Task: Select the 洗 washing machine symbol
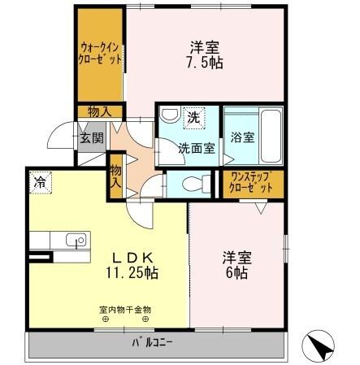(193, 117)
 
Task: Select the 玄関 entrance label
(91, 138)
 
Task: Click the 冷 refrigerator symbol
(39, 184)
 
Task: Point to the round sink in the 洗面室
(167, 116)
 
